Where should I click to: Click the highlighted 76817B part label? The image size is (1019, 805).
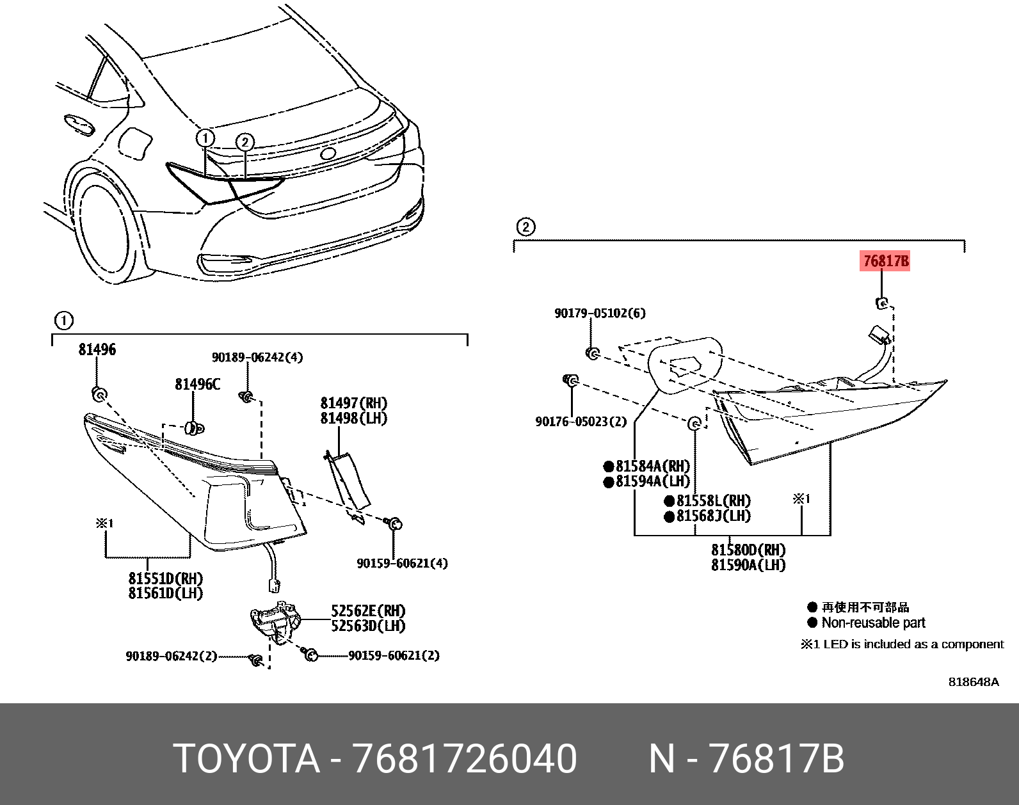[x=885, y=261]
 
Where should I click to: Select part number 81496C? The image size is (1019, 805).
[x=197, y=384]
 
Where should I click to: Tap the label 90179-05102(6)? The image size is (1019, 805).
[x=600, y=313]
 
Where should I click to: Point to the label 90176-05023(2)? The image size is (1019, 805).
[x=581, y=422]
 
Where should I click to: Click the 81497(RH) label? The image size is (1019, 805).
[x=353, y=403]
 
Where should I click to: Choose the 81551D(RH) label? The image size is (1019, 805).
[x=165, y=578]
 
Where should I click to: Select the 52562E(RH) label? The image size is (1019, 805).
[x=368, y=610]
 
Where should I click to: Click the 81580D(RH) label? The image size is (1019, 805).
[x=748, y=550]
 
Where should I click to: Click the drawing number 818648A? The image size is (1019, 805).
[x=973, y=681]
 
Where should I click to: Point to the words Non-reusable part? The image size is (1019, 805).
[x=873, y=623]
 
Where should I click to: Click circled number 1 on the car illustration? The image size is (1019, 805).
[x=205, y=138]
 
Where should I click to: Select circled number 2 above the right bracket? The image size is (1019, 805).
[x=525, y=227]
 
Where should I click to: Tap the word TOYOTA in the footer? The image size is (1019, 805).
[x=246, y=759]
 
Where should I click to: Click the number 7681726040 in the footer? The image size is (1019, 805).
[x=465, y=759]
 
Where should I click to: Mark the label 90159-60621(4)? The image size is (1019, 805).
[x=402, y=563]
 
